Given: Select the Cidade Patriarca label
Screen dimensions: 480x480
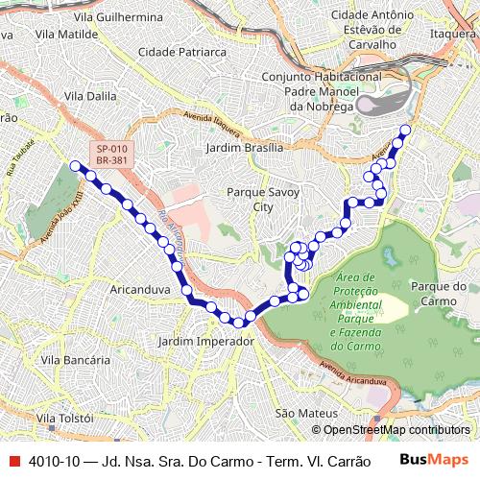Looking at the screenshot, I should pyautogui.click(x=178, y=51).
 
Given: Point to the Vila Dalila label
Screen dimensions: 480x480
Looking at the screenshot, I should pyautogui.click(x=89, y=96).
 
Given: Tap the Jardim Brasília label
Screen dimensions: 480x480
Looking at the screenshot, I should pyautogui.click(x=245, y=148).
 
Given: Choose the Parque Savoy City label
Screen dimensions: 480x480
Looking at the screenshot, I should pyautogui.click(x=262, y=199).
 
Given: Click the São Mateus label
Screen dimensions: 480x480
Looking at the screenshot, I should pyautogui.click(x=300, y=413).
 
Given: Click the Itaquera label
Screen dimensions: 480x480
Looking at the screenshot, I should pyautogui.click(x=453, y=33).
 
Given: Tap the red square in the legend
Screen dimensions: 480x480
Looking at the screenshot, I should pyautogui.click(x=12, y=461).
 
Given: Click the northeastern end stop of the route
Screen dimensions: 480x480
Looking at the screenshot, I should pyautogui.click(x=405, y=130).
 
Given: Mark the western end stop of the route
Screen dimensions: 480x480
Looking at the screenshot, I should pyautogui.click(x=75, y=166).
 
